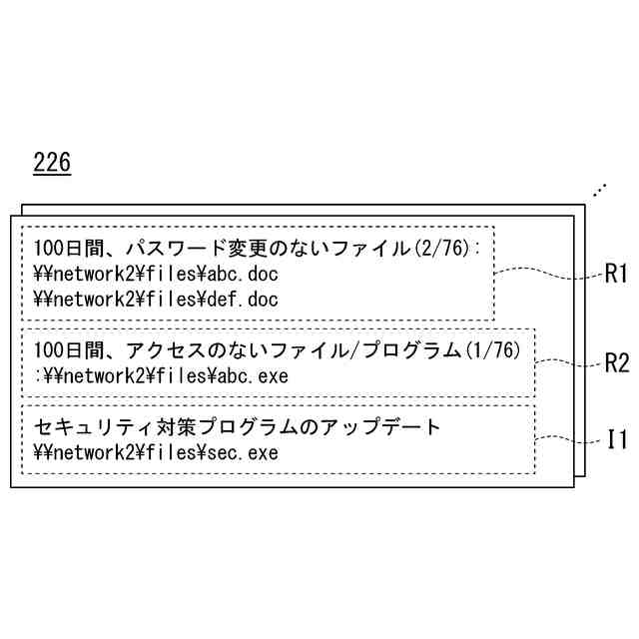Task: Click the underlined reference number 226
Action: (x=52, y=162)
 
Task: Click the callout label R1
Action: (x=616, y=274)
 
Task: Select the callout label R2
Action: (x=617, y=362)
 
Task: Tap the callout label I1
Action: (x=617, y=437)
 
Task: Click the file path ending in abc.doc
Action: (x=156, y=272)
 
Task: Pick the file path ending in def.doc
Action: (x=156, y=299)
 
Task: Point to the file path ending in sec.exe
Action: (x=156, y=453)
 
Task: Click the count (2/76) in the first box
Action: (x=443, y=247)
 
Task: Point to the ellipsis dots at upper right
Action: (x=599, y=188)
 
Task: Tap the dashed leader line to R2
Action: (x=569, y=361)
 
